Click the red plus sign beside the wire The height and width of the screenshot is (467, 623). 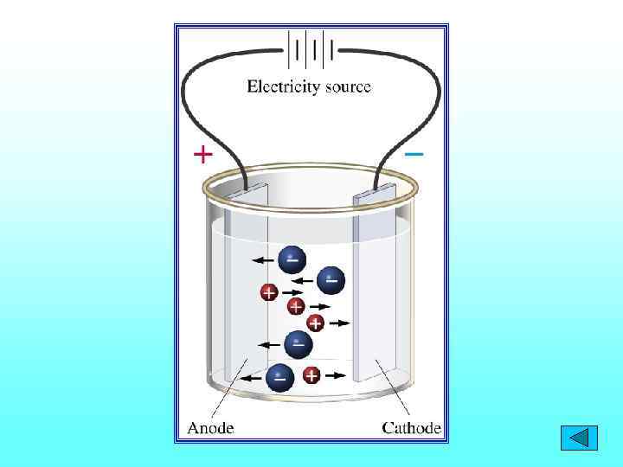click(202, 155)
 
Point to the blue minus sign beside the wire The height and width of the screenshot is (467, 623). click(414, 154)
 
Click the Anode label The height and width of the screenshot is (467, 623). click(211, 427)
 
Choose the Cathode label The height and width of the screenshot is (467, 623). click(412, 427)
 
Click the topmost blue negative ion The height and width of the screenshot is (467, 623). click(291, 258)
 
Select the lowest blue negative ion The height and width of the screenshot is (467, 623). click(279, 376)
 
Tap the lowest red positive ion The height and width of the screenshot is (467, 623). click(311, 375)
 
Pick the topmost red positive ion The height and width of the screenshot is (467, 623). click(269, 293)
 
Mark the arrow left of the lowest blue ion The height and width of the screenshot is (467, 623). click(252, 378)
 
